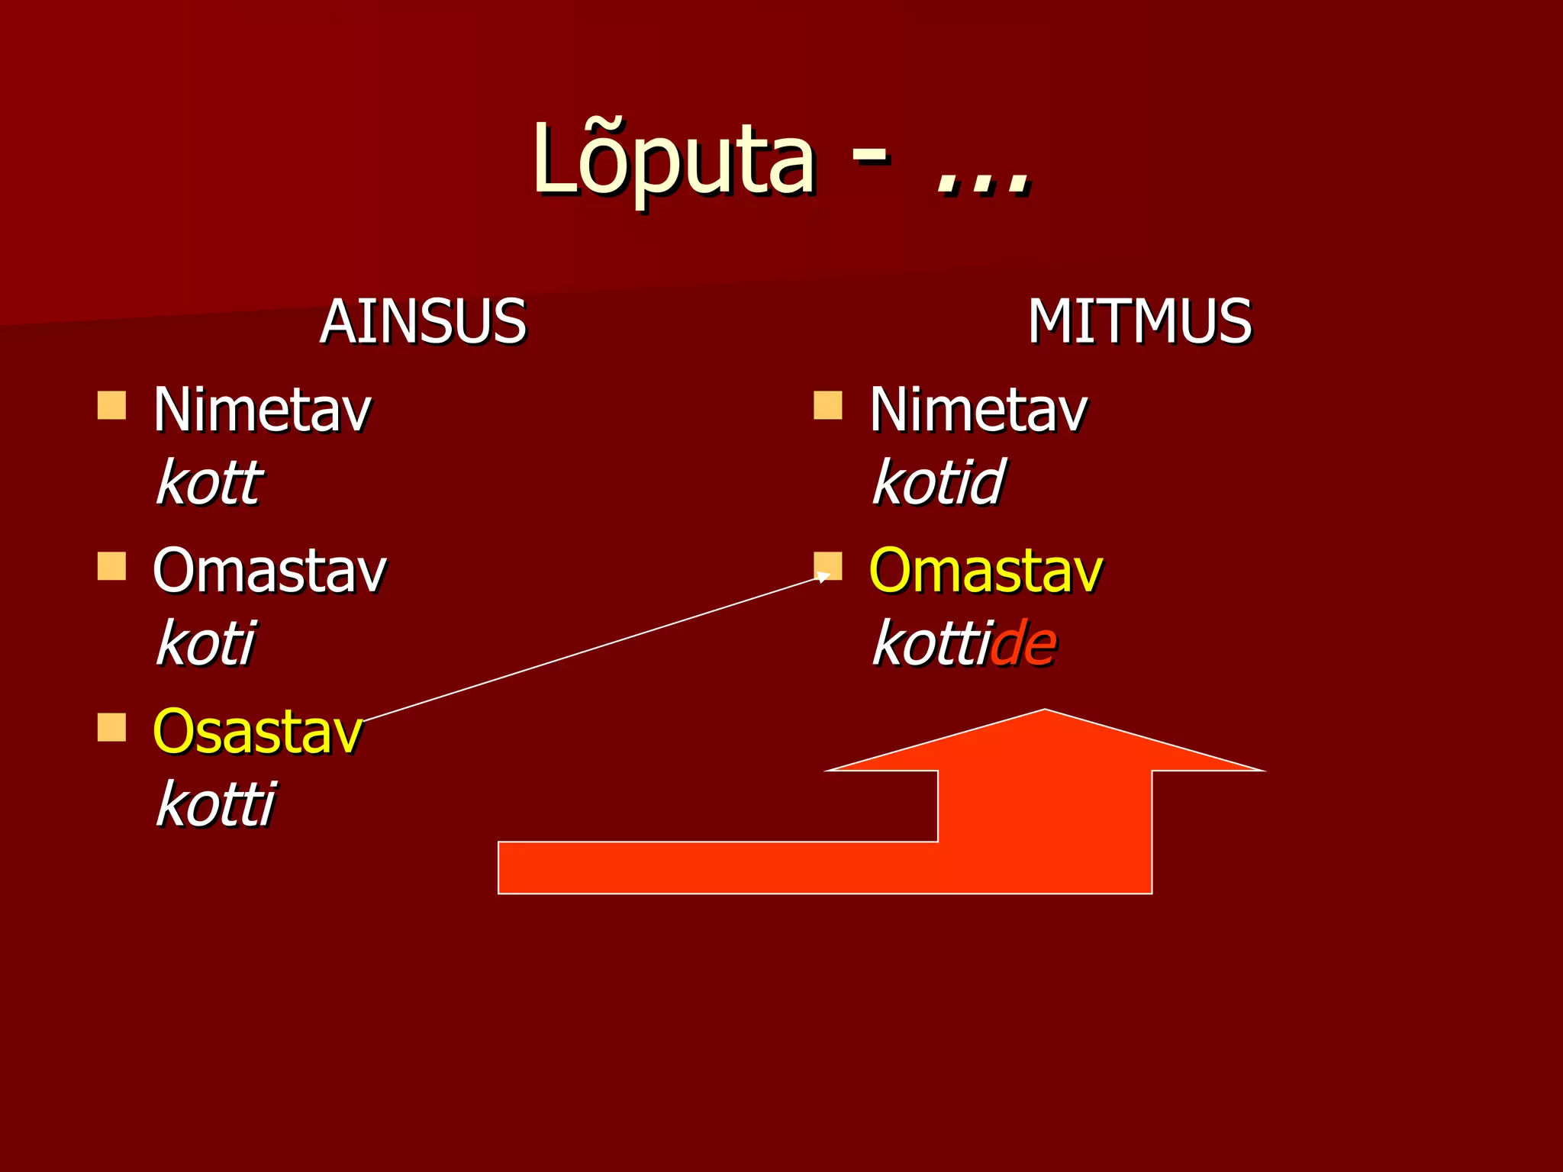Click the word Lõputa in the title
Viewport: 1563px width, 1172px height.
[674, 160]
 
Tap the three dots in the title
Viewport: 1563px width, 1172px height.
[984, 183]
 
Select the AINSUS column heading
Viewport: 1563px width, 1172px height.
[423, 321]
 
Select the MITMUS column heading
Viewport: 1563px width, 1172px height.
[1139, 321]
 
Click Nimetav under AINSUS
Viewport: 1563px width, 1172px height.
[262, 411]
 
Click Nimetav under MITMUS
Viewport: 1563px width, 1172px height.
[978, 411]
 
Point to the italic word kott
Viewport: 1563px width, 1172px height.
[209, 482]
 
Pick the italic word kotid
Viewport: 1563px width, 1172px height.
[939, 482]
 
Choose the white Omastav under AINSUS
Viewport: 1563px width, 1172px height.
[269, 571]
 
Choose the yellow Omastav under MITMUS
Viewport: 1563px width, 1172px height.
[986, 571]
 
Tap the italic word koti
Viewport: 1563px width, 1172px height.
[205, 643]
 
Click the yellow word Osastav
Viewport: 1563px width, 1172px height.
[257, 731]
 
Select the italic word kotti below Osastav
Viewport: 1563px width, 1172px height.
[215, 804]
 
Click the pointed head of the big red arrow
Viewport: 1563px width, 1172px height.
[1045, 744]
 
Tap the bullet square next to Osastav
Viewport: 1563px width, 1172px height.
[111, 727]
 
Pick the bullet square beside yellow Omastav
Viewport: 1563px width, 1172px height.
[828, 566]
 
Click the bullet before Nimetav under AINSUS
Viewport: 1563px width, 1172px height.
[111, 406]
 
